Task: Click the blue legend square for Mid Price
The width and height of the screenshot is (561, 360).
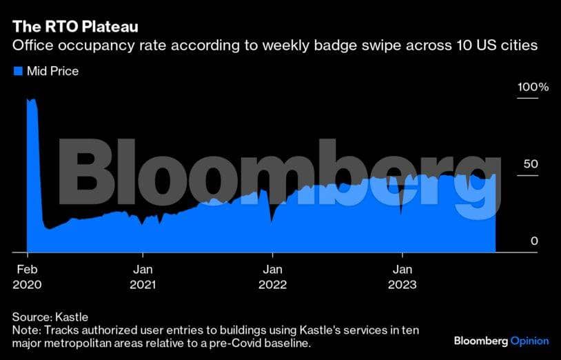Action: click(x=17, y=71)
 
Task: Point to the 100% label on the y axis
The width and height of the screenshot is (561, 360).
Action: click(x=533, y=88)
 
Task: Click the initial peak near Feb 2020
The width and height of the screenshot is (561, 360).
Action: click(x=31, y=100)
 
